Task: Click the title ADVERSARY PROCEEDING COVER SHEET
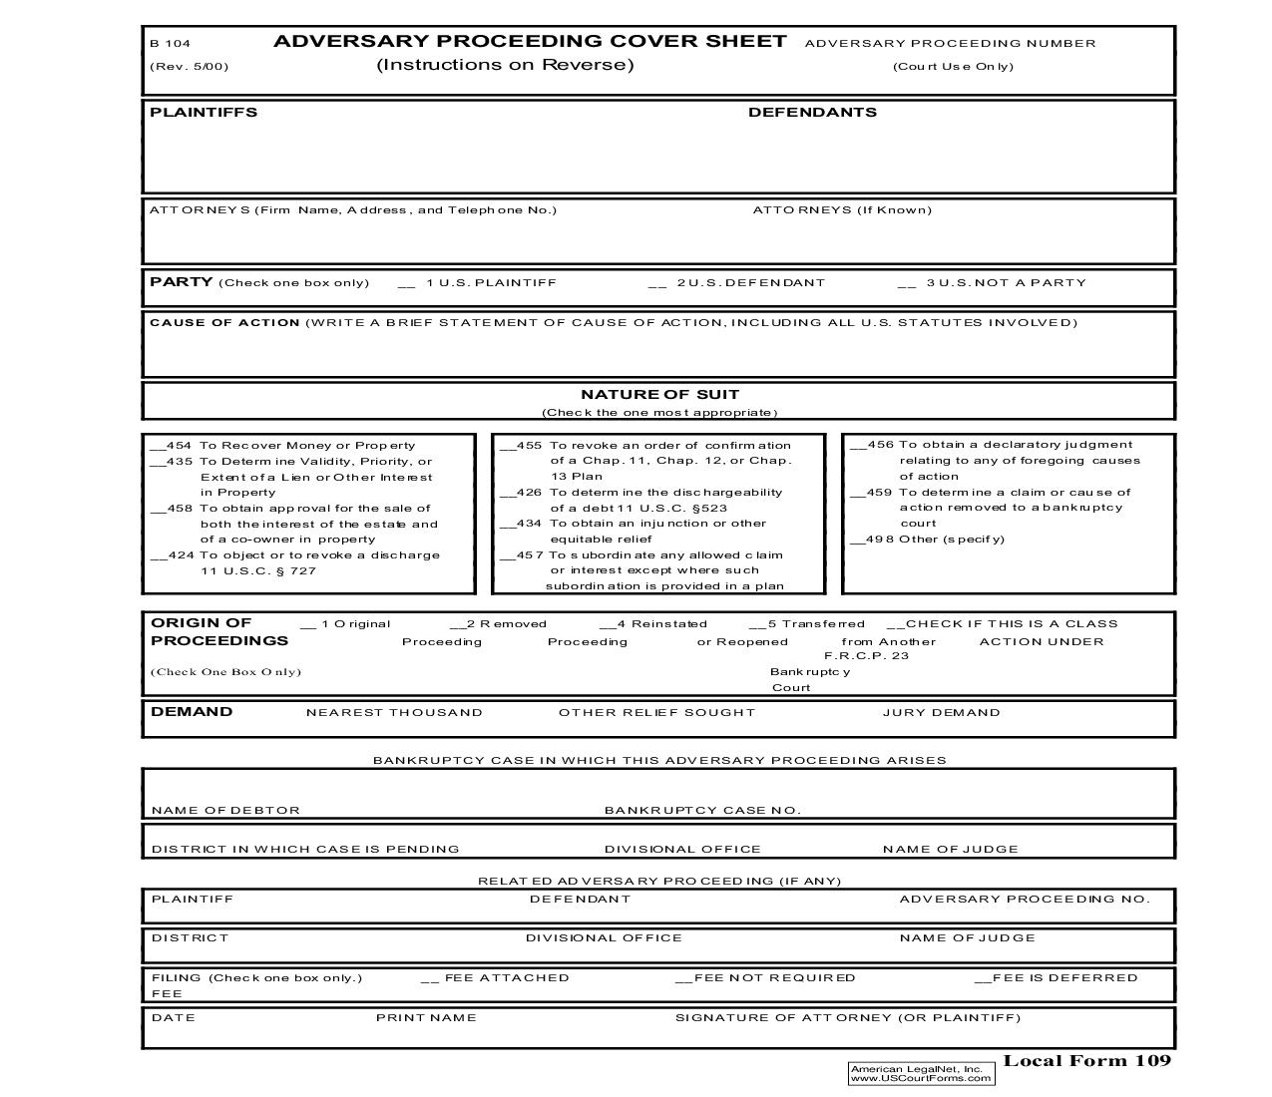pos(530,41)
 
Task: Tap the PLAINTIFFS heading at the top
pos(204,112)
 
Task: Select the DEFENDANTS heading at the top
pos(812,112)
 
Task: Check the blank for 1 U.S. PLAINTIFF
pos(406,283)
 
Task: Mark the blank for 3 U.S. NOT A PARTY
pos(906,283)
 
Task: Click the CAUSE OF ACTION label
pos(224,322)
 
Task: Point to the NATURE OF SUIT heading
pos(659,394)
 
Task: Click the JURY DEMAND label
pos(941,712)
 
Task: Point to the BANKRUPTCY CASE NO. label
pos(702,810)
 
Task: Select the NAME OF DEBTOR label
pos(225,810)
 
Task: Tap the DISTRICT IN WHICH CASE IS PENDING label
pos(305,849)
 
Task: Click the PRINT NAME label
pos(426,1017)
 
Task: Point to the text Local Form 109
pos(1086,1060)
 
